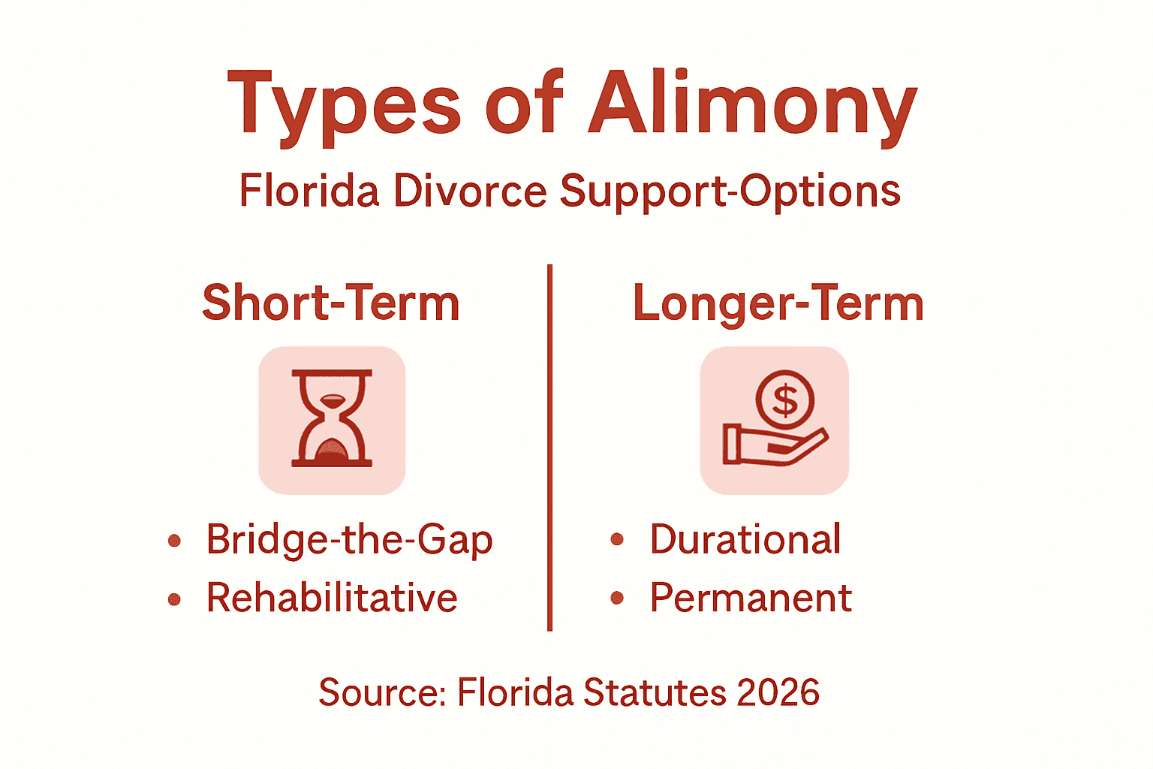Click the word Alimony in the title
click(752, 105)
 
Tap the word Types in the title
click(344, 105)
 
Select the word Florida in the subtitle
click(309, 191)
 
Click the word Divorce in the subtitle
click(471, 191)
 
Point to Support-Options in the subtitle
click(730, 191)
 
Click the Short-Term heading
click(331, 303)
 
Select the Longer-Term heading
click(778, 303)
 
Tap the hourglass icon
click(332, 419)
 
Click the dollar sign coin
click(784, 400)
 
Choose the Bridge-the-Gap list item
click(349, 539)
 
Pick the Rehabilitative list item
click(332, 598)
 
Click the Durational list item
click(745, 539)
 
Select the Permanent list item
click(751, 598)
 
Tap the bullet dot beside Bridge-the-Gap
click(175, 540)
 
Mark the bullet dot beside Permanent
click(618, 598)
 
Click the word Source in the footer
click(381, 692)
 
